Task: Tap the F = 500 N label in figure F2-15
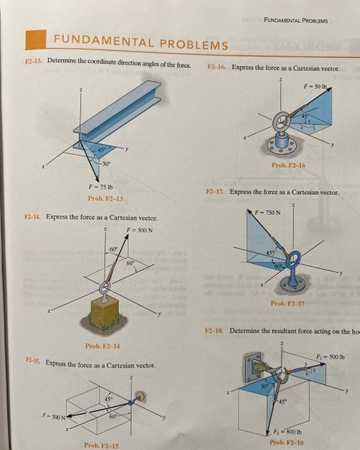click(52, 414)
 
